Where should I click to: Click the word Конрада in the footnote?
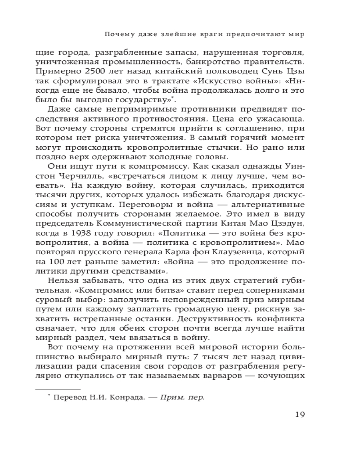133,397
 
